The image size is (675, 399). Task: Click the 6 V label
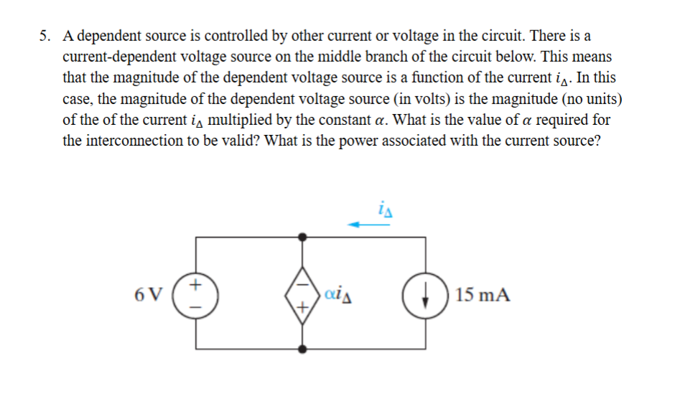coord(149,294)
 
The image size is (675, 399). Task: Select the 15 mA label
coord(483,294)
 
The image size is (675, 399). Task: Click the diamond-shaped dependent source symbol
coord(303,294)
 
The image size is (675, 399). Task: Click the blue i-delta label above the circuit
coord(383,209)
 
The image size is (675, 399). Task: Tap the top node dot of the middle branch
coord(303,235)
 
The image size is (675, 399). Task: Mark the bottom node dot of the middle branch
coord(303,349)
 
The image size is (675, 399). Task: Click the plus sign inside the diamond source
coord(303,308)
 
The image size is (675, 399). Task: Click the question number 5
coord(45,35)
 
